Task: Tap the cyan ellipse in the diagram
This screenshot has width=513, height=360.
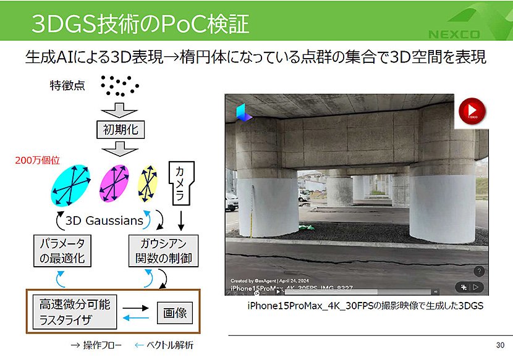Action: (70, 184)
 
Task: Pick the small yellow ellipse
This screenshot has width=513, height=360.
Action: (148, 183)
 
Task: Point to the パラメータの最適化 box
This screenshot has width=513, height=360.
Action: (62, 251)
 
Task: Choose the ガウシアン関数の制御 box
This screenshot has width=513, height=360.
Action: (164, 251)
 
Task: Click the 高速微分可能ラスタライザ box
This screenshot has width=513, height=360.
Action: (75, 311)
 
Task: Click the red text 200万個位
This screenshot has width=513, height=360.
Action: (36, 160)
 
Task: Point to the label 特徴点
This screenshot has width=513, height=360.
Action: (67, 85)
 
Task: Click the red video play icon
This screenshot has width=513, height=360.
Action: (472, 111)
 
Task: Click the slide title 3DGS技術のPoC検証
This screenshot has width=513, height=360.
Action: (140, 23)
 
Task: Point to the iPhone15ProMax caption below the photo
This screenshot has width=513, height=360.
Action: (365, 306)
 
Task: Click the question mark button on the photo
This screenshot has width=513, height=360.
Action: (479, 271)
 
